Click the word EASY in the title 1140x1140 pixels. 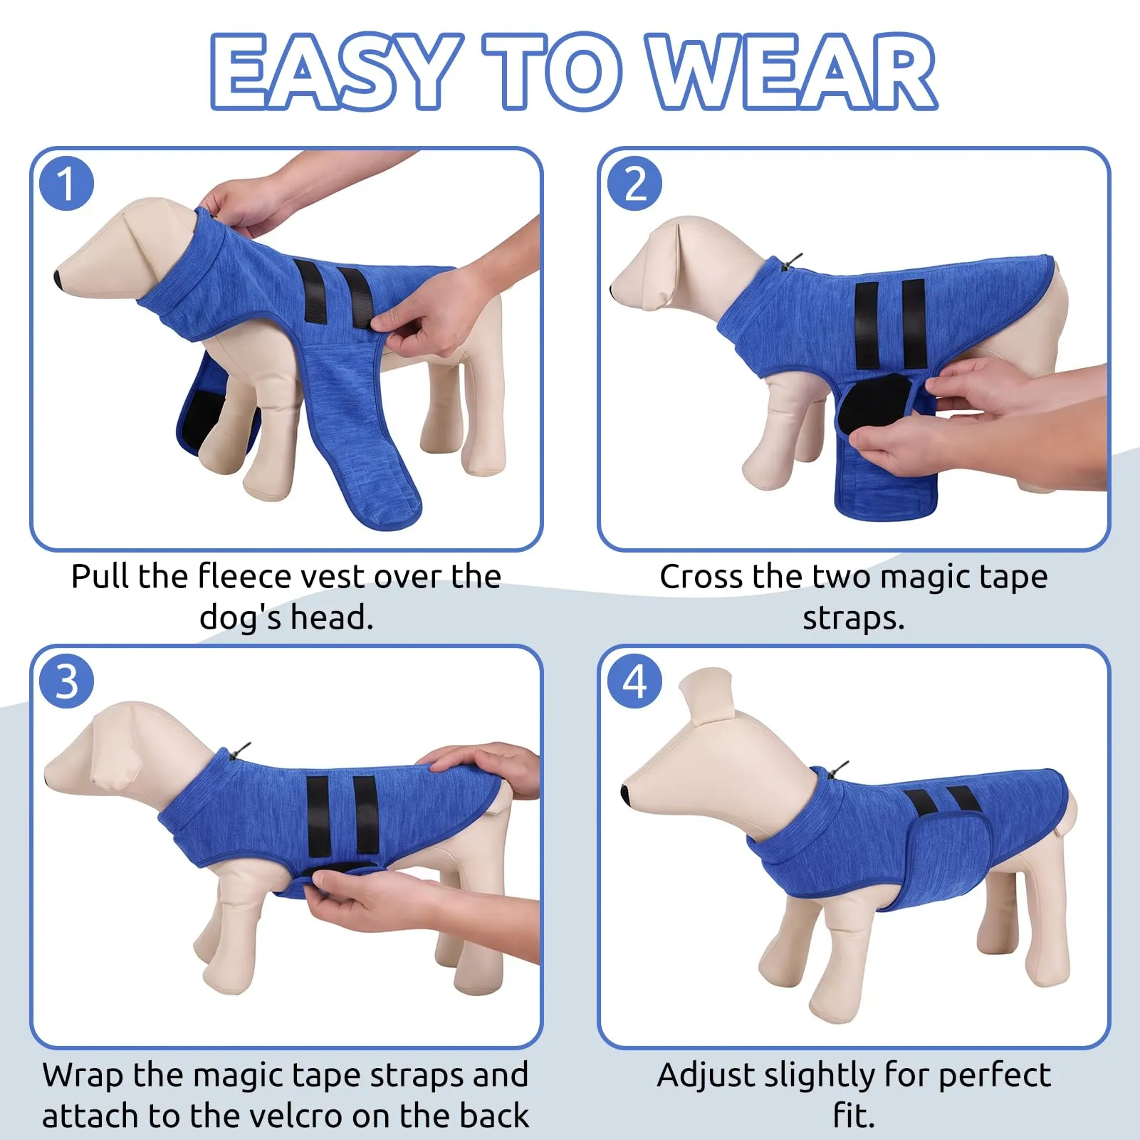coord(334,71)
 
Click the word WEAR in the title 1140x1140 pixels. coord(793,71)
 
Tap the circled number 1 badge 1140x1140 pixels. coord(66,184)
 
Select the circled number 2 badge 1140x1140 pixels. coord(634,184)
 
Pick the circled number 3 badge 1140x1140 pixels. coord(66,681)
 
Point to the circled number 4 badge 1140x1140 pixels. coord(634,681)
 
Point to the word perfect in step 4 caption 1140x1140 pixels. coord(994,1075)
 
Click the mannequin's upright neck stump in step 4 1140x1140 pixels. coord(707,696)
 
